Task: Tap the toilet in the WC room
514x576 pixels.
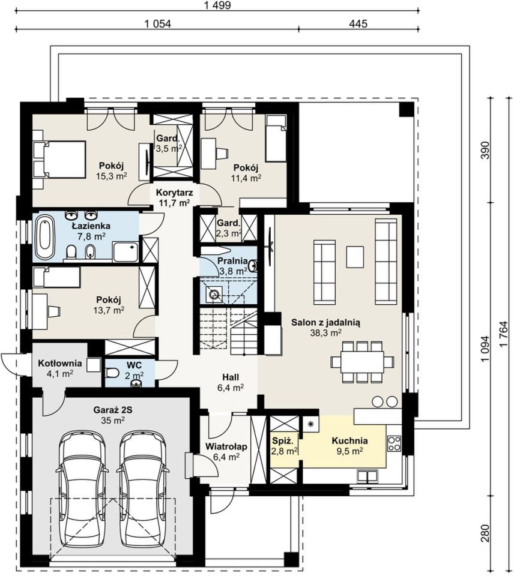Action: pyautogui.click(x=112, y=374)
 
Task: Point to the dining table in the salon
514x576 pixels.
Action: pyautogui.click(x=362, y=362)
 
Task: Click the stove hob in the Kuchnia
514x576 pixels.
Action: pyautogui.click(x=394, y=443)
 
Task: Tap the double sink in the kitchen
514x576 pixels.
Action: pyautogui.click(x=368, y=476)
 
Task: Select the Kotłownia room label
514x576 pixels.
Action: pyautogui.click(x=60, y=364)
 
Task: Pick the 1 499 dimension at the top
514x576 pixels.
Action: pyautogui.click(x=217, y=5)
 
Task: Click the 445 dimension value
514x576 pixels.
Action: pyautogui.click(x=358, y=24)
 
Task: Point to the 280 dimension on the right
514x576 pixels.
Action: pyautogui.click(x=485, y=533)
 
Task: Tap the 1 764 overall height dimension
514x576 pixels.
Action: pyautogui.click(x=503, y=333)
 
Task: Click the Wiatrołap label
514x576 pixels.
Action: pyautogui.click(x=226, y=446)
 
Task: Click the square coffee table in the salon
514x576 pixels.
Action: pyautogui.click(x=355, y=256)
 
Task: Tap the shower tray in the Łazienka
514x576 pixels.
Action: pyautogui.click(x=125, y=253)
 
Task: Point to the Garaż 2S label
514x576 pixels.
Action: pyautogui.click(x=113, y=409)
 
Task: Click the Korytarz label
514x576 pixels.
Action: pyautogui.click(x=174, y=192)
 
